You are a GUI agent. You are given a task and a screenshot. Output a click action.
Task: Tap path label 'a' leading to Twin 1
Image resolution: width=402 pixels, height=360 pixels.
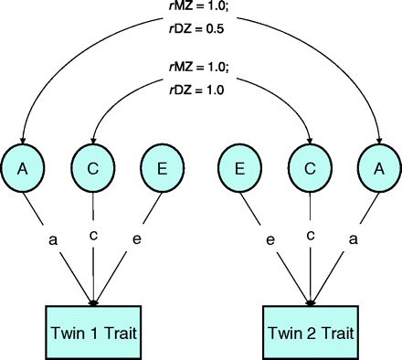(52, 240)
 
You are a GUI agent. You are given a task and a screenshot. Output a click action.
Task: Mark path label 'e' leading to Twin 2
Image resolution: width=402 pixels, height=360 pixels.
(271, 240)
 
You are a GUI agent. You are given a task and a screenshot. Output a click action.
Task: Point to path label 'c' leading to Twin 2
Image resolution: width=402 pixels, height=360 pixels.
(310, 236)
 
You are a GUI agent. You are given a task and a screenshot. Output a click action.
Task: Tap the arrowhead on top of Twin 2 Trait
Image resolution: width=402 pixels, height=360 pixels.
(310, 302)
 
